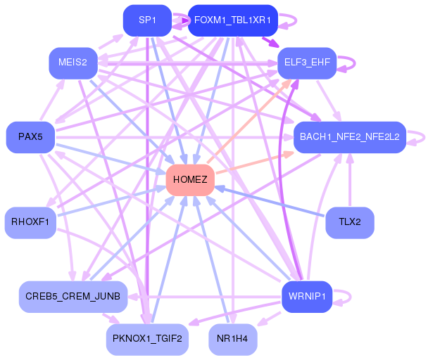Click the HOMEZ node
[189, 180]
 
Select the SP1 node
[147, 20]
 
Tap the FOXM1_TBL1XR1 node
[232, 20]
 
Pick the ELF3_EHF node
[306, 63]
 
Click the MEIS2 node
[73, 63]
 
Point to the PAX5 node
[30, 136]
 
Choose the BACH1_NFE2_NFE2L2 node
[350, 136]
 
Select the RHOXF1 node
[30, 222]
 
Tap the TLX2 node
[350, 222]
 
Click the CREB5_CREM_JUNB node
[73, 296]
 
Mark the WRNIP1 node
[306, 296]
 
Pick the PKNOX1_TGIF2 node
[147, 339]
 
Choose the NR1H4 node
[232, 339]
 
